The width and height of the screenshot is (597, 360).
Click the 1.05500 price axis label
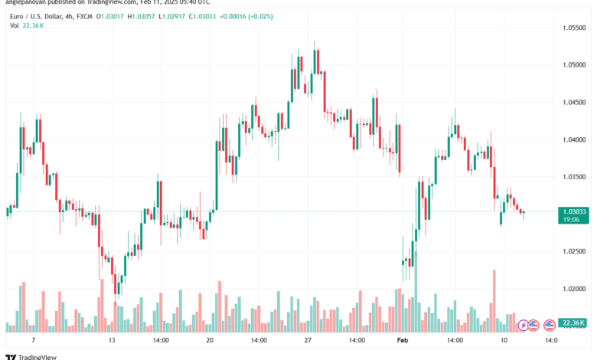tap(574, 28)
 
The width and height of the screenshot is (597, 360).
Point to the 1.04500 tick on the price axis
tap(574, 103)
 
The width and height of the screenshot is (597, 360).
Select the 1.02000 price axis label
tap(574, 289)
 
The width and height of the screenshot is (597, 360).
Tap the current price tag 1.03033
tap(574, 211)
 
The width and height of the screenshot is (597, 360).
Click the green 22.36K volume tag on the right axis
tap(574, 323)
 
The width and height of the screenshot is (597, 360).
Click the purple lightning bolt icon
tap(524, 326)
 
